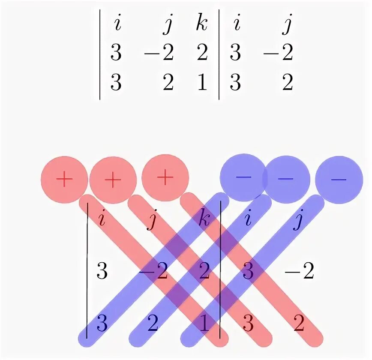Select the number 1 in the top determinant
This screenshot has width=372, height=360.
click(x=201, y=83)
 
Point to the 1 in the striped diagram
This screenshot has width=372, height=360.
click(x=205, y=324)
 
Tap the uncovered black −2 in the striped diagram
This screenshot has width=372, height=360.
click(x=300, y=272)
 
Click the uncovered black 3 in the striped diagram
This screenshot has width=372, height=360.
click(x=102, y=272)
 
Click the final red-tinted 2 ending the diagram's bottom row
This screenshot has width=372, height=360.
click(x=299, y=324)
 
